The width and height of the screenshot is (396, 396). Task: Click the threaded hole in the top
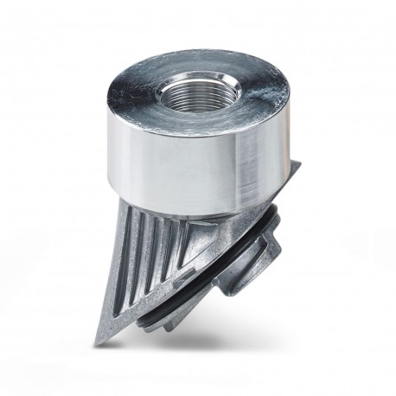[x=198, y=90]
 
